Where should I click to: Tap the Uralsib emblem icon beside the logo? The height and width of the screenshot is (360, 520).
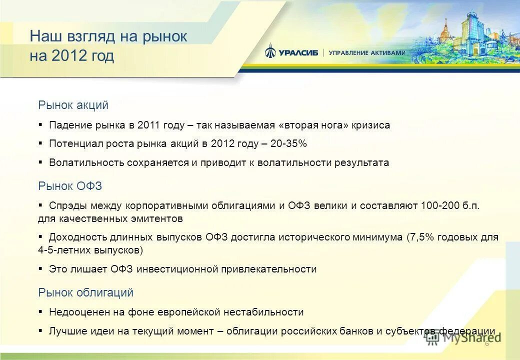pyautogui.click(x=270, y=51)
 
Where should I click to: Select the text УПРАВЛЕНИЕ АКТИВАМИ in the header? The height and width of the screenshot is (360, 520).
pyautogui.click(x=367, y=53)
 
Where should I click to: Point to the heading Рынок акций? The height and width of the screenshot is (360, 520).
pyautogui.click(x=73, y=105)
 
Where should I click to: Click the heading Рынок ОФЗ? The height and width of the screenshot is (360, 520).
pyautogui.click(x=70, y=186)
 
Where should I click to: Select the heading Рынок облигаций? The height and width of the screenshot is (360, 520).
pyautogui.click(x=85, y=292)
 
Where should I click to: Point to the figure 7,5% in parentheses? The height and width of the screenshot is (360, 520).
pyautogui.click(x=420, y=237)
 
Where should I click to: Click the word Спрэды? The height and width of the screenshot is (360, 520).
pyautogui.click(x=68, y=206)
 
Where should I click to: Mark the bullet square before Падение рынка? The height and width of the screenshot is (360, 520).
pyautogui.click(x=40, y=124)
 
